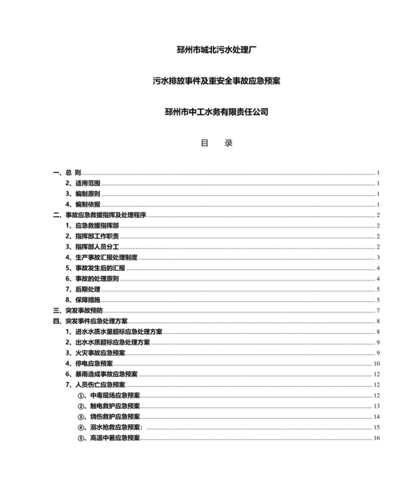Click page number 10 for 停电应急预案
click(378, 363)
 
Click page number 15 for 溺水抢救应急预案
click(378, 427)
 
